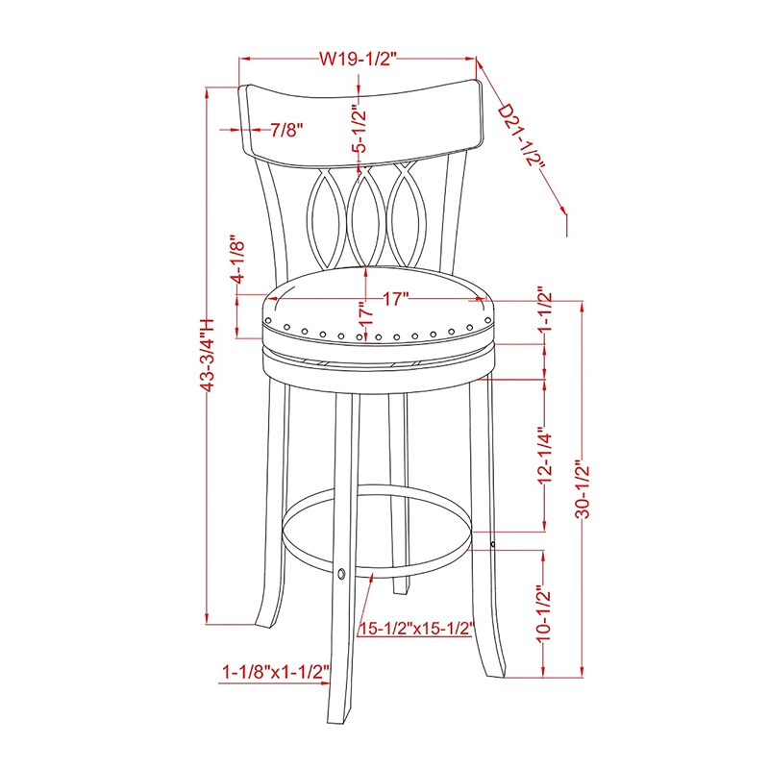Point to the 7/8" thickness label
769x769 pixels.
(x=289, y=128)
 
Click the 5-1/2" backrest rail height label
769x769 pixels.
(x=360, y=130)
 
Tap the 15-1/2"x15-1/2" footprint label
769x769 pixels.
(x=417, y=629)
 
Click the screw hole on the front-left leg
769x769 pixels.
(x=341, y=574)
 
